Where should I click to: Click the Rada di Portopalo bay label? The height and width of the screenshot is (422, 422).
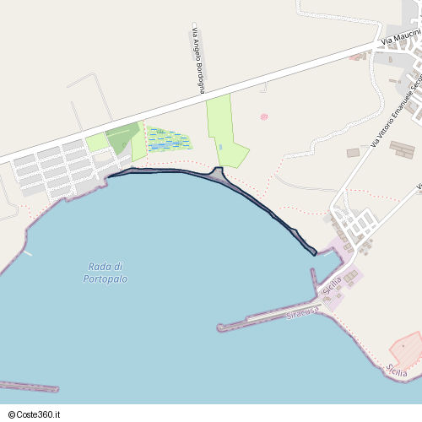[105, 272]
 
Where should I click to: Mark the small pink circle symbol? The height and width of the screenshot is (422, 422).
[264, 116]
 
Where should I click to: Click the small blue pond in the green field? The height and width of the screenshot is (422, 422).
[220, 148]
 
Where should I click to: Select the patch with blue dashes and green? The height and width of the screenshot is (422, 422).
[169, 139]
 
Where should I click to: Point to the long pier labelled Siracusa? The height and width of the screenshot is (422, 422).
[270, 319]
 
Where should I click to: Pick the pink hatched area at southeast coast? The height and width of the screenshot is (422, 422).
[406, 351]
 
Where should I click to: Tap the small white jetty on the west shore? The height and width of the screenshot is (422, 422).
[27, 252]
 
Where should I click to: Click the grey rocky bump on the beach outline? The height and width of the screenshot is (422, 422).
[218, 174]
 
